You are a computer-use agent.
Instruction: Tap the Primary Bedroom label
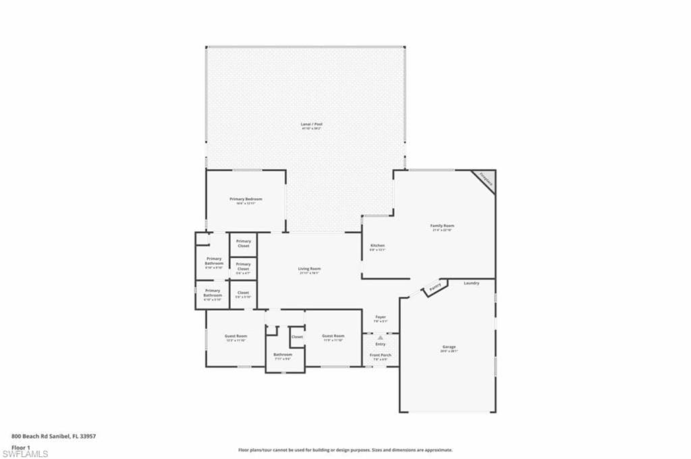246,200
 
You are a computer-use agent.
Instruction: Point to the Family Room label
442,226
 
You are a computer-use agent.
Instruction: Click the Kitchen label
377,245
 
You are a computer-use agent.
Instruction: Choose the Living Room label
309,270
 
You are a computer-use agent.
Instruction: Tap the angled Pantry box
434,288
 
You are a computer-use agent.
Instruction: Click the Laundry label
471,283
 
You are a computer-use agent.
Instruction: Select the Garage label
449,347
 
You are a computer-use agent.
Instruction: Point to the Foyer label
380,317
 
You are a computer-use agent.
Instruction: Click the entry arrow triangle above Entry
380,337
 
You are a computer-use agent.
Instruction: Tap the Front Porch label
380,355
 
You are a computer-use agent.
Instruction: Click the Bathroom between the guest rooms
283,355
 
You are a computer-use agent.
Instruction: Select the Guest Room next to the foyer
333,336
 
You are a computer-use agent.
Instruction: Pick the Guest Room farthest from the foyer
236,336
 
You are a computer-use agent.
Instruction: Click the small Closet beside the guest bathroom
297,336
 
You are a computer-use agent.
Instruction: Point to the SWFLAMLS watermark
25,454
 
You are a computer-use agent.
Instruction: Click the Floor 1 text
21,447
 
